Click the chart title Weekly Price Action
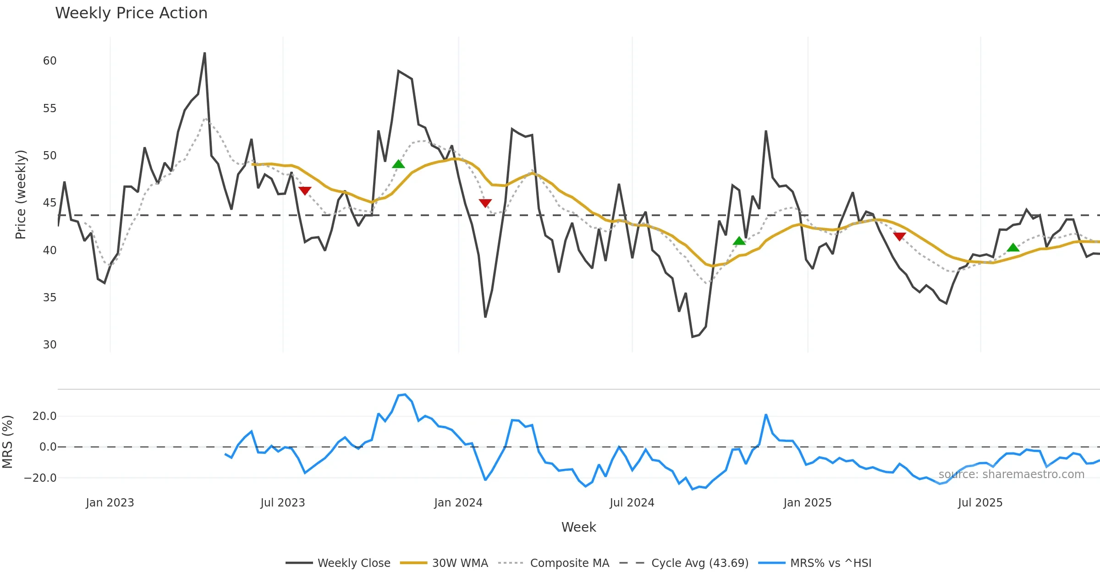(x=131, y=13)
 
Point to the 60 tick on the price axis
(x=49, y=61)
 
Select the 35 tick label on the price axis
(x=49, y=298)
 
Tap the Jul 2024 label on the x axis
(x=632, y=503)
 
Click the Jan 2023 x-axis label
(x=110, y=503)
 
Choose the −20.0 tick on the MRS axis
(x=40, y=478)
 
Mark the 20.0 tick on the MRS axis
(x=44, y=416)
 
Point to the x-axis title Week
(x=578, y=528)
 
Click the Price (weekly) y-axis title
(x=21, y=195)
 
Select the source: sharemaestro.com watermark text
(x=1011, y=474)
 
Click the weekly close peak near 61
(x=204, y=53)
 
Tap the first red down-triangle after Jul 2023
(x=305, y=191)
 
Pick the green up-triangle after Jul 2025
(x=1013, y=248)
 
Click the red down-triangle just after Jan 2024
(x=485, y=203)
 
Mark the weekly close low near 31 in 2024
(x=693, y=337)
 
